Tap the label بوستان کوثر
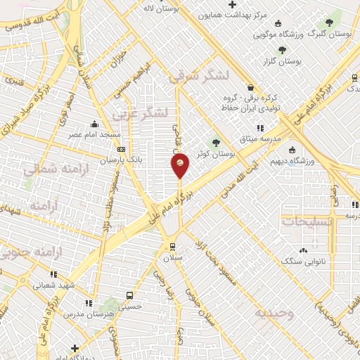(x=215, y=153)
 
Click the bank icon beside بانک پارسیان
(x=122, y=149)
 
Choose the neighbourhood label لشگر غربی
(x=141, y=112)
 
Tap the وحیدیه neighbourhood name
(x=274, y=313)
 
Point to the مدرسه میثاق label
(x=260, y=139)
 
